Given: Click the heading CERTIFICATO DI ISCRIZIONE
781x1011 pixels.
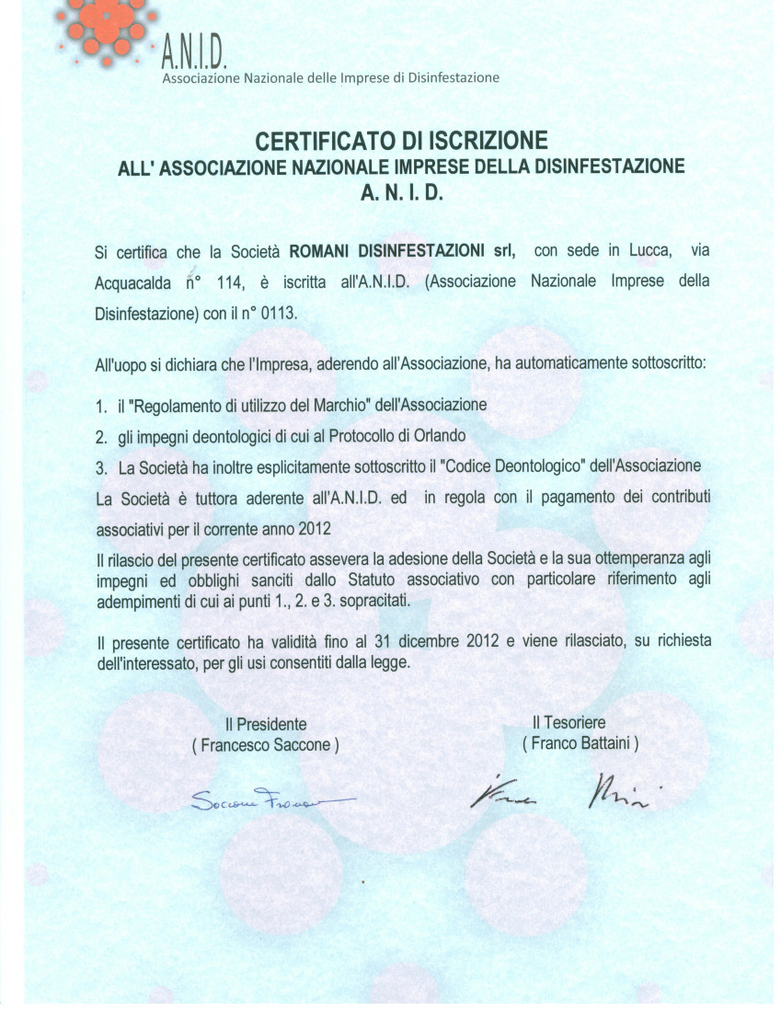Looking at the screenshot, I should click(x=401, y=141).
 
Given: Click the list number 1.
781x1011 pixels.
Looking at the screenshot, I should click(x=101, y=405).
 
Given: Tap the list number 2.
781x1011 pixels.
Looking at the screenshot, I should click(x=101, y=436).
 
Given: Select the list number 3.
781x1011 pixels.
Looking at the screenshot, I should click(x=101, y=467).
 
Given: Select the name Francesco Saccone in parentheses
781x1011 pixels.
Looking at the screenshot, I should click(x=266, y=745).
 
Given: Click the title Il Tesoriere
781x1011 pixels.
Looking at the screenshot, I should click(x=569, y=722).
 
